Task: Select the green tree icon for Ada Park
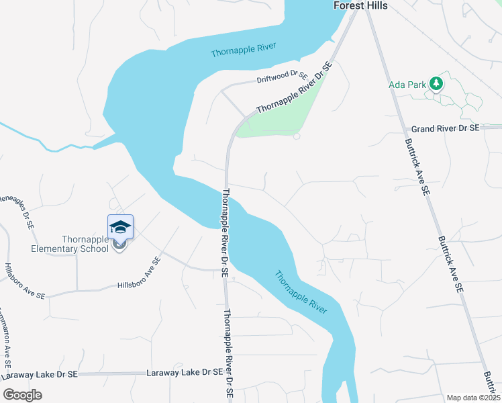(437, 83)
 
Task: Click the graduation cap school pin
(120, 227)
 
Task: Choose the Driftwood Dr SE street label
(282, 79)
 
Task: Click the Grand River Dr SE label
(445, 128)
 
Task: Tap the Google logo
(22, 394)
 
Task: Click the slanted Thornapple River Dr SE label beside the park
(294, 88)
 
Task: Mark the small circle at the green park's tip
(296, 136)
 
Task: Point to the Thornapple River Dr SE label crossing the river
(225, 232)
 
